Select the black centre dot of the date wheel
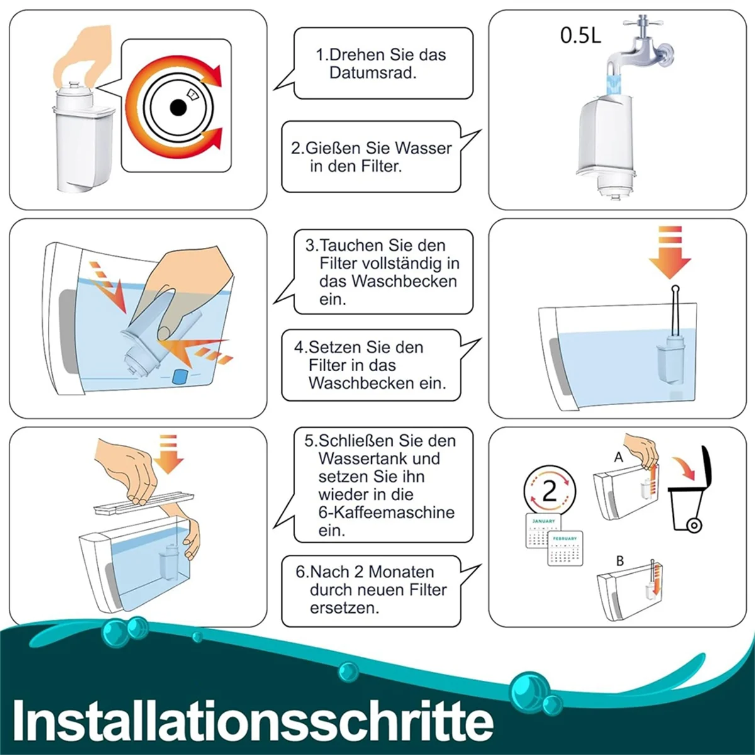click(179, 108)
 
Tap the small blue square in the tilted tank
click(181, 376)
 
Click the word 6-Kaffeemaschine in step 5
click(386, 512)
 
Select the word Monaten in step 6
click(401, 572)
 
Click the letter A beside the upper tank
click(618, 457)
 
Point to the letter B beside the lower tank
click(620, 561)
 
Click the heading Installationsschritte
click(252, 720)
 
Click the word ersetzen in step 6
click(344, 608)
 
